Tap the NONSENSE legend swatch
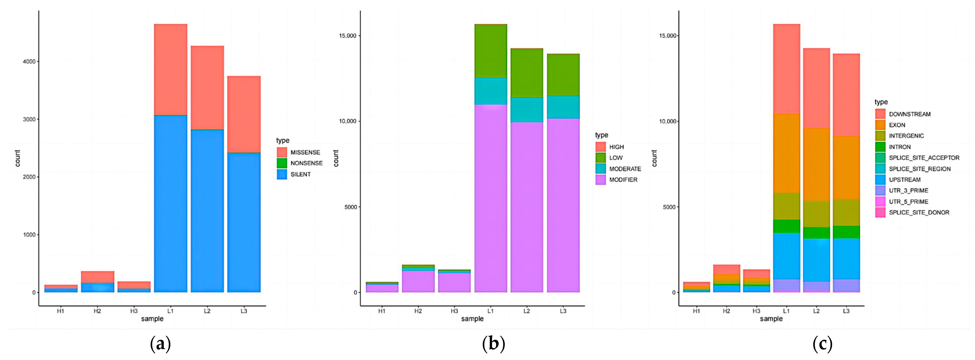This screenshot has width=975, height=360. click(282, 163)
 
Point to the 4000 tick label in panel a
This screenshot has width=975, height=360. click(29, 61)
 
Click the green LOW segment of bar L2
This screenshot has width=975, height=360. click(527, 73)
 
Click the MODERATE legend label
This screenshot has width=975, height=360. click(625, 169)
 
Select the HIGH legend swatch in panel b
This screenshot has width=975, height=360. click(601, 147)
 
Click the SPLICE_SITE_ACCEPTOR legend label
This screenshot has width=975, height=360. click(924, 158)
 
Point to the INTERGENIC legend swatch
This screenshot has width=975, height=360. click(880, 136)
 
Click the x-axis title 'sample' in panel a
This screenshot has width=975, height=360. click(152, 319)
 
